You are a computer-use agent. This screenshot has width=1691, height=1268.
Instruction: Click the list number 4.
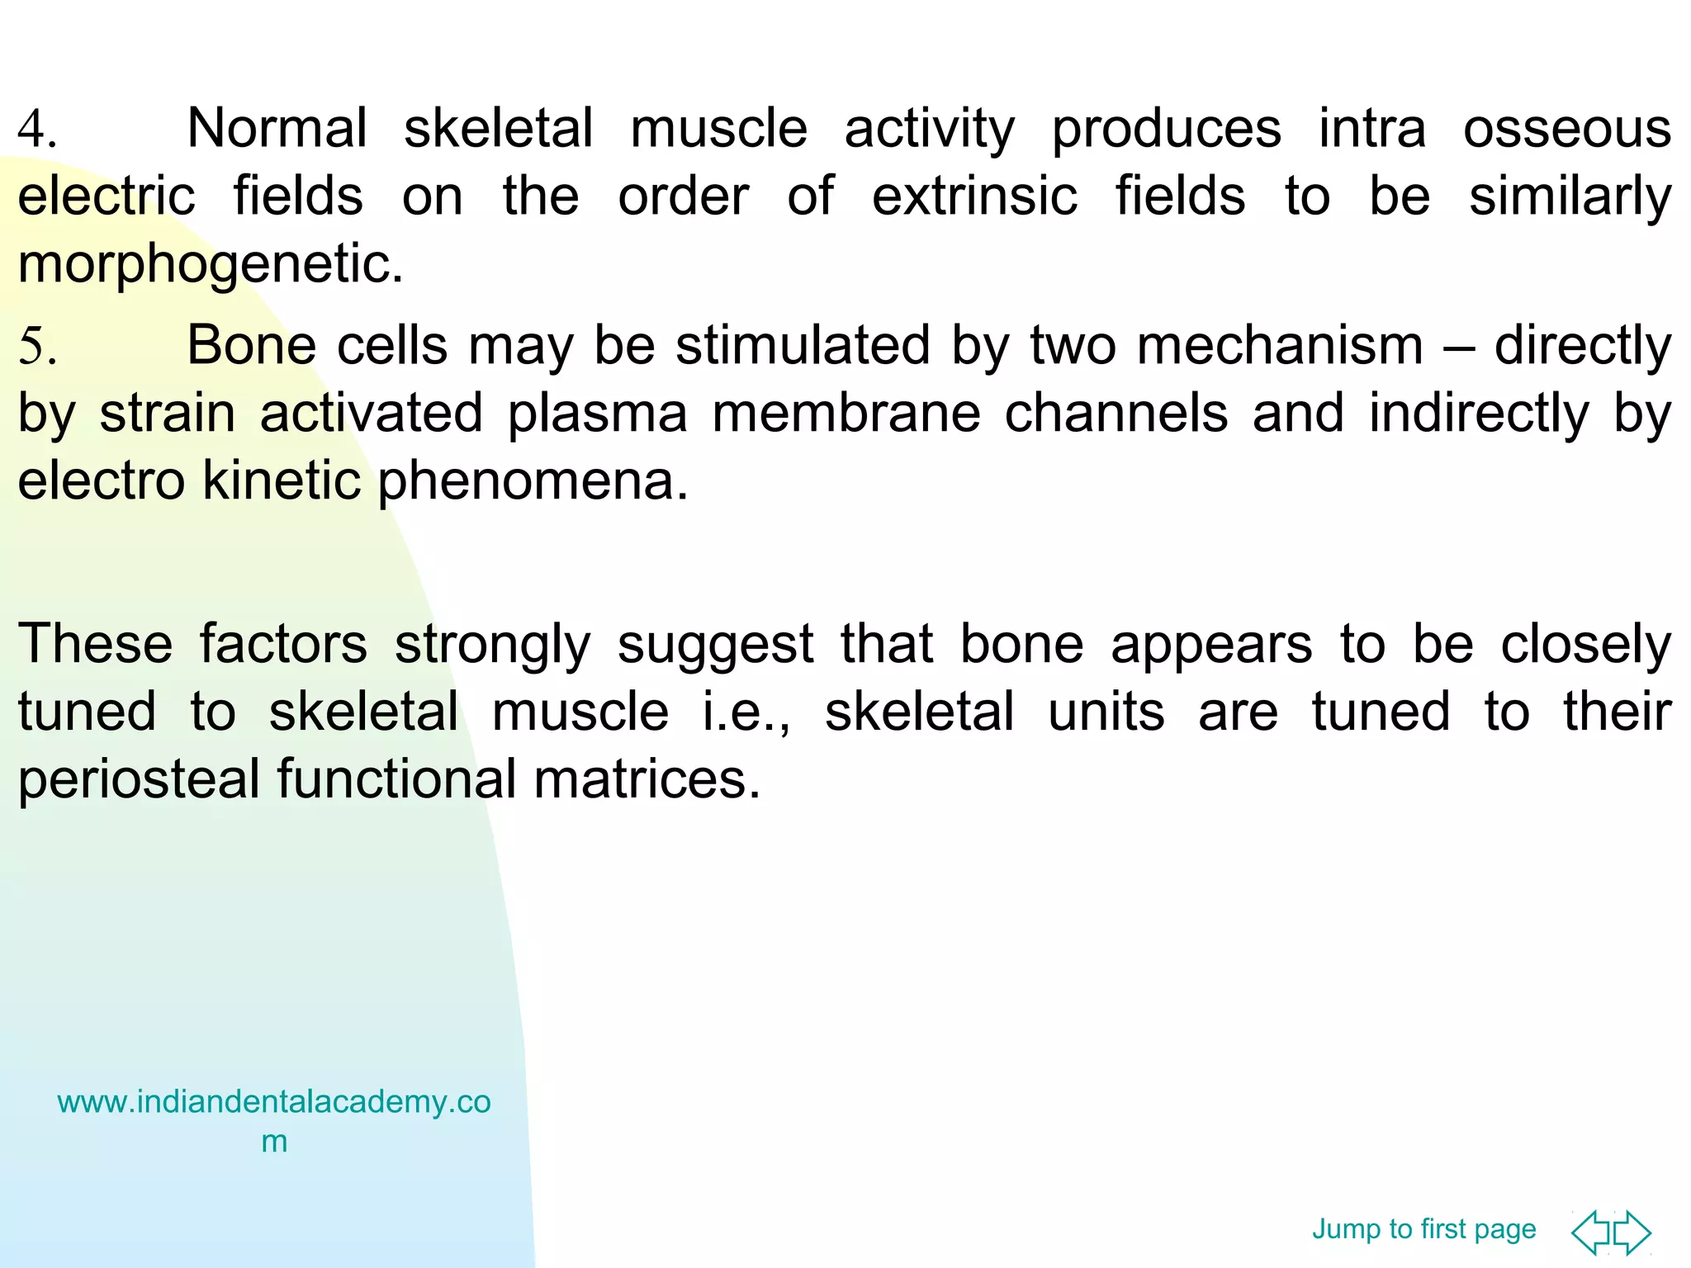[36, 130]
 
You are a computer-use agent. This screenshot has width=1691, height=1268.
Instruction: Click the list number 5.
[36, 347]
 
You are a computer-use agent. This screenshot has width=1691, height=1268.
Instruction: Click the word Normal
[277, 129]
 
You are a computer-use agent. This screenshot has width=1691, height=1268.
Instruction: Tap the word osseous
[1566, 129]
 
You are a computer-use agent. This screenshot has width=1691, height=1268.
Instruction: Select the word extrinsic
[974, 196]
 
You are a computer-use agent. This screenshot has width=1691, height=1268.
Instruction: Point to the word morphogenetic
[211, 266]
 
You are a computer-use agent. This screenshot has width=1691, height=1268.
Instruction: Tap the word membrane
[845, 413]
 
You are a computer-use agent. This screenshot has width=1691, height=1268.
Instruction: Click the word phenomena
[532, 481]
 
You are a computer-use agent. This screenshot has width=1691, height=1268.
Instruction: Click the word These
[95, 644]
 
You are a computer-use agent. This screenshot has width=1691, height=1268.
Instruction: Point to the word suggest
[715, 646]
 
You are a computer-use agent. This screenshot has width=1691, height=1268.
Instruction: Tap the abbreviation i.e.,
[746, 712]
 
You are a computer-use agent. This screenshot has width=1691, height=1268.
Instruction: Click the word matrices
[647, 779]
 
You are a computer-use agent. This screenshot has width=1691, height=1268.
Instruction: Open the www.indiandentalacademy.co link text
[273, 1102]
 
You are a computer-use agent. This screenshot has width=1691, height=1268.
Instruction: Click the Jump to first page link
[1423, 1229]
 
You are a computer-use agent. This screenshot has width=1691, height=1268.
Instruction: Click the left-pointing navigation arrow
[1590, 1233]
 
